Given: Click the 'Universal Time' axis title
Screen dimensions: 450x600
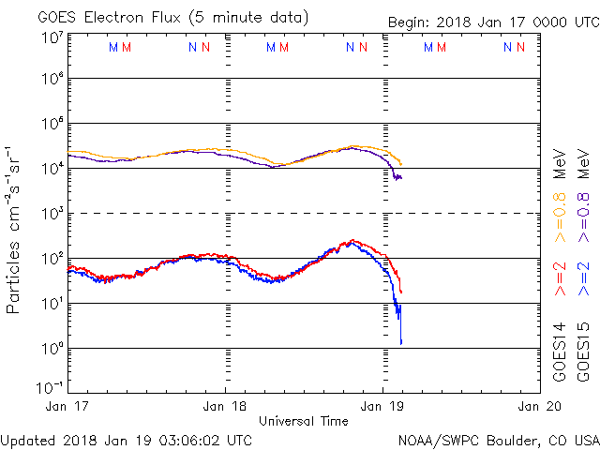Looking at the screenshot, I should (304, 421).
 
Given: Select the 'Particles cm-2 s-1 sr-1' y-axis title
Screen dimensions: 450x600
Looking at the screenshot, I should (15, 230).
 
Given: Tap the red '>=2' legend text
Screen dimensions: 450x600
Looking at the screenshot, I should (560, 278).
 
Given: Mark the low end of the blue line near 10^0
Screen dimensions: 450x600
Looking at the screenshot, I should (401, 343).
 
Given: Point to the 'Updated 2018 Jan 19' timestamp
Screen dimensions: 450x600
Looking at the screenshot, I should (127, 439).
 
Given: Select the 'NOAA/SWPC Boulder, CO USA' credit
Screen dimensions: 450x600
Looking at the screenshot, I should (498, 439).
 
